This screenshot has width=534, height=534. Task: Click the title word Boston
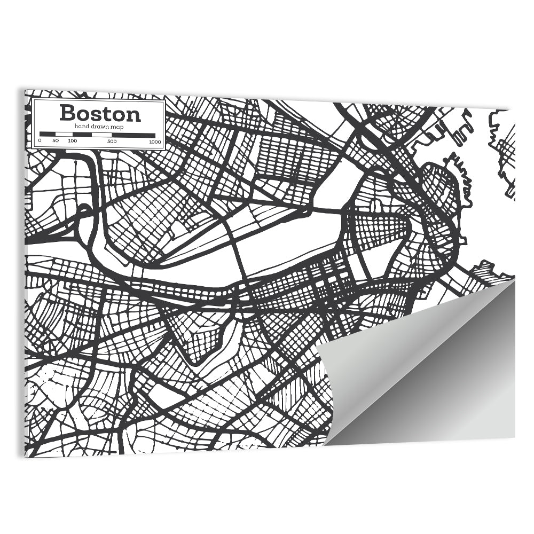coord(100,113)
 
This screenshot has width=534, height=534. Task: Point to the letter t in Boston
coord(109,113)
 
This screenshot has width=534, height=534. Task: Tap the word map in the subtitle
coord(118,126)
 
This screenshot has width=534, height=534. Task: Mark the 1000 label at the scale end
coord(155,142)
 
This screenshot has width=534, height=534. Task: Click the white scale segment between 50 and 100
coord(64,135)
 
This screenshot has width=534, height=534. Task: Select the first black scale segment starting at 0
coord(48,135)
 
